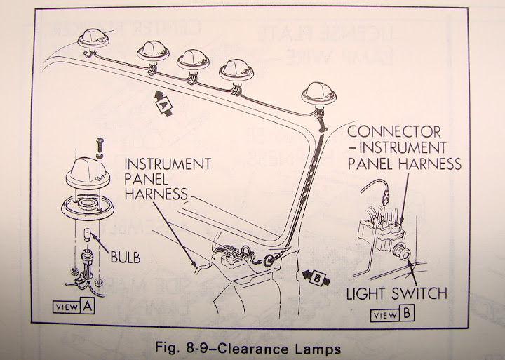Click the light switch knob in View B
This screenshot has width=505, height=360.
(404, 251)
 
